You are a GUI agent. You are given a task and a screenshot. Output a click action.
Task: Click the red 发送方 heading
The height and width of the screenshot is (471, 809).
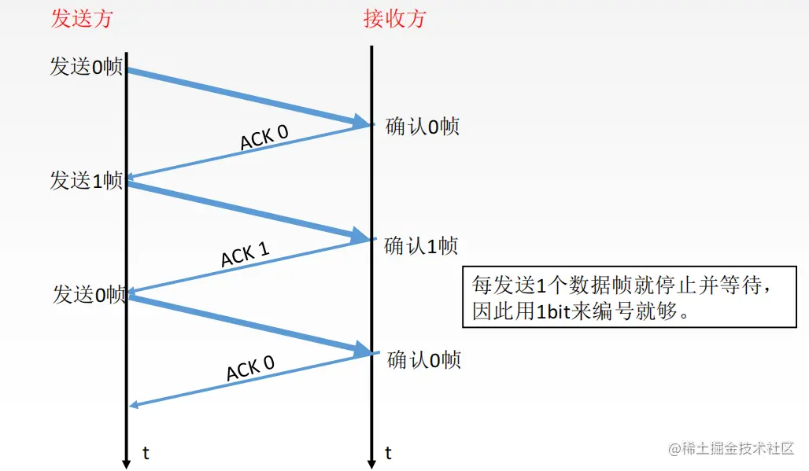[x=82, y=19]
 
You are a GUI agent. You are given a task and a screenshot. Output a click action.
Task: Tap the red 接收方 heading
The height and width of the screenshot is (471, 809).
[x=394, y=19]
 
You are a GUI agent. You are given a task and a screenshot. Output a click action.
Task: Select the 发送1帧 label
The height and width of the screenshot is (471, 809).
[x=86, y=181]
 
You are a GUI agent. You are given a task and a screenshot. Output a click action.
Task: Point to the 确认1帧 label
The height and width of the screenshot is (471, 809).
[x=420, y=246]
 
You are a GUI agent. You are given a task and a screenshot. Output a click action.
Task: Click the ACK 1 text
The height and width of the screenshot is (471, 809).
[x=245, y=254]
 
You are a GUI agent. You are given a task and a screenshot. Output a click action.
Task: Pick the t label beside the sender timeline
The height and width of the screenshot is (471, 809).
[x=146, y=453]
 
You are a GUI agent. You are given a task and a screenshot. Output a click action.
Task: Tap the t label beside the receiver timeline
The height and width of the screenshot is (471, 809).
[x=388, y=453]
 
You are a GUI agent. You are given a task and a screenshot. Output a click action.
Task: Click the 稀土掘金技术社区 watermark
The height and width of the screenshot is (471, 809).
[x=732, y=449]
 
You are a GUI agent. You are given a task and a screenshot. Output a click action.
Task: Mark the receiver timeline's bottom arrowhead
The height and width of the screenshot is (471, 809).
[x=371, y=462]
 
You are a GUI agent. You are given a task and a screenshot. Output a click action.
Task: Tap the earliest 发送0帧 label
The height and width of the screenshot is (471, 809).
[x=86, y=68]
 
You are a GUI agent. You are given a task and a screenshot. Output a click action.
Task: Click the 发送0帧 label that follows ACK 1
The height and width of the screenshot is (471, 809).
[x=89, y=295]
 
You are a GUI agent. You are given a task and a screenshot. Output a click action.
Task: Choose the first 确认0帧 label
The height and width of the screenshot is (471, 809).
[x=422, y=127]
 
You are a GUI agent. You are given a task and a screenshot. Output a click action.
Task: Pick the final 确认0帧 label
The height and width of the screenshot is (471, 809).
[x=423, y=360]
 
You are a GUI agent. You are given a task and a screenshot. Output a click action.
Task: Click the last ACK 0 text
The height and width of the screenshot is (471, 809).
[x=250, y=367]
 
